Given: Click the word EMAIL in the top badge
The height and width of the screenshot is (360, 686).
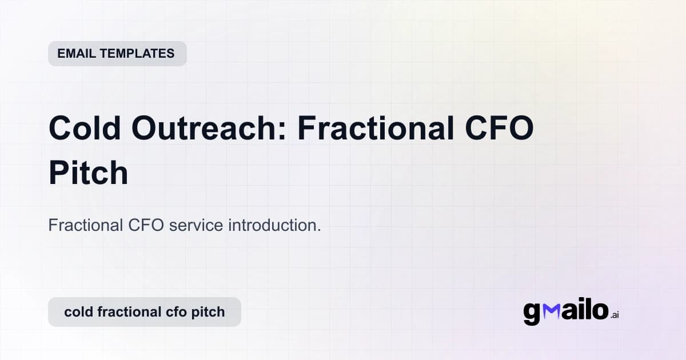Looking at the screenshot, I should coord(76,54).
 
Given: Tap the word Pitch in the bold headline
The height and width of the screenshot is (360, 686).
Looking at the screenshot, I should coord(88,173).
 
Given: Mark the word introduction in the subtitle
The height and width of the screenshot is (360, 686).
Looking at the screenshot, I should coord(272,225).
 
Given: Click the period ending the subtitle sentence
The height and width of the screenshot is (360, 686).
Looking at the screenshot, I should coord(318,230).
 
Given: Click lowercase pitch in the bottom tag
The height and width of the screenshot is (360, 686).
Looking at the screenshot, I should coord(210,312).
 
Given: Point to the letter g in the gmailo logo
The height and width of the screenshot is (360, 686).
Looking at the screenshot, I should coord(532,313).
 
